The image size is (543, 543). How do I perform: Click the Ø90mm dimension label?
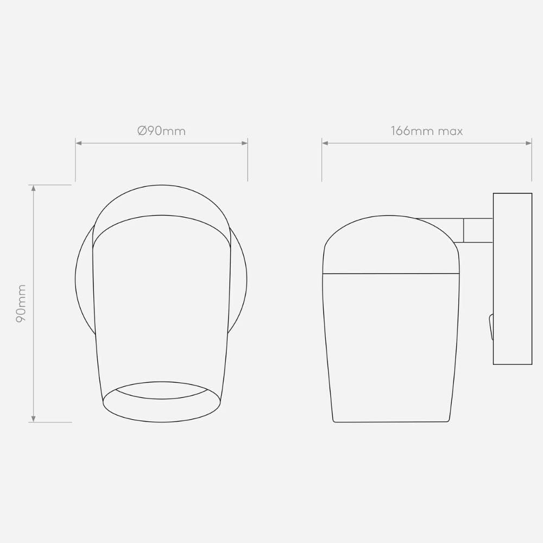tap(161, 131)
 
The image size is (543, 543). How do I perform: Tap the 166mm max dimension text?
tap(427, 131)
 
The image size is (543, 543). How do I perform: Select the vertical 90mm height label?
tap(21, 304)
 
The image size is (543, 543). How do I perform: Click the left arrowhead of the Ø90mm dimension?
tap(79, 143)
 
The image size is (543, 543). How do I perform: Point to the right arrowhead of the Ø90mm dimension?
tap(244, 143)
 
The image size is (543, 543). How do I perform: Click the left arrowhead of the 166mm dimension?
tap(325, 143)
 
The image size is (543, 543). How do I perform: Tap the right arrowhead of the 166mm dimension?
tap(528, 143)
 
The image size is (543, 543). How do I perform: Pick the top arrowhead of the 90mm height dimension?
tap(33, 188)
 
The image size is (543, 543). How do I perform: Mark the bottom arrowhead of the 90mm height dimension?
tap(33, 419)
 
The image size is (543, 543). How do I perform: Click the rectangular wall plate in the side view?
tap(513, 279)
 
